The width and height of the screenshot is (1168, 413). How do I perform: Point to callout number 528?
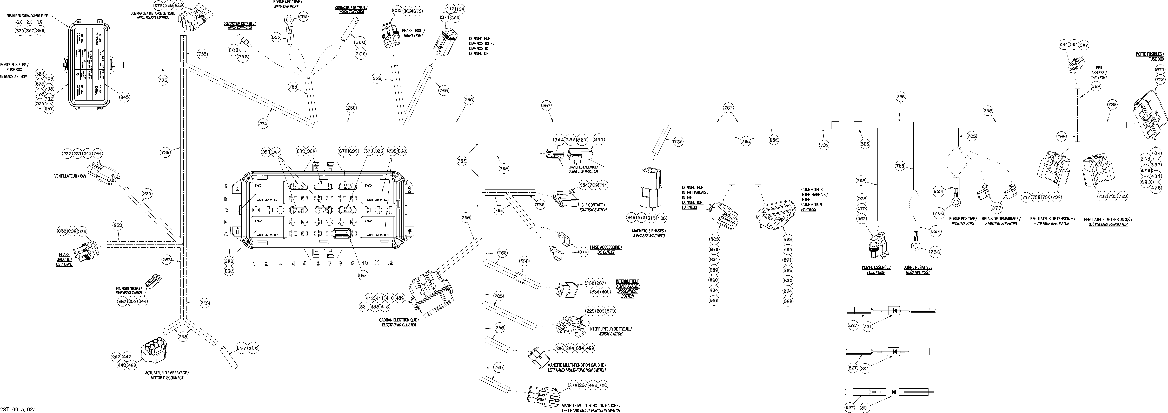[865, 144]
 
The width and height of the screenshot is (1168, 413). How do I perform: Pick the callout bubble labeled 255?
[900, 96]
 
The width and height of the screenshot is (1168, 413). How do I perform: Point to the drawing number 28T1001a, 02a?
[18, 409]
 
